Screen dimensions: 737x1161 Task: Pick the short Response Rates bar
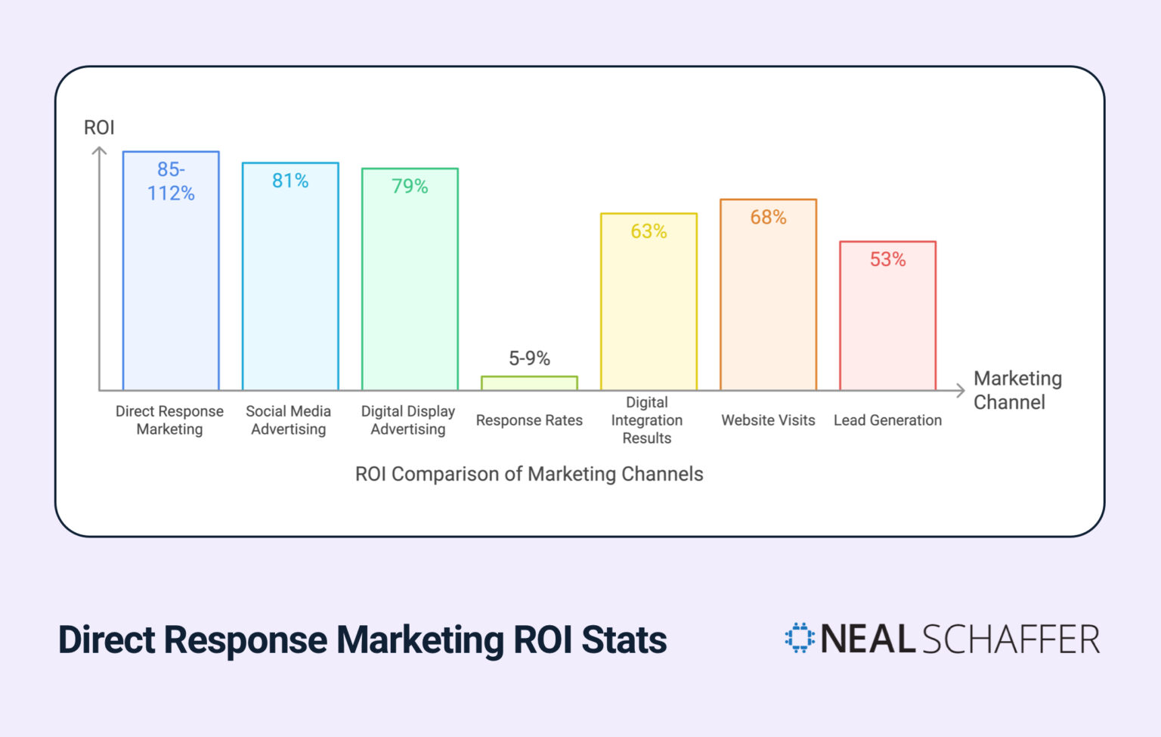pyautogui.click(x=529, y=383)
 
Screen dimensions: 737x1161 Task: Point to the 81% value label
pyautogui.click(x=290, y=181)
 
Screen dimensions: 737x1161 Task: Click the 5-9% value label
pyautogui.click(x=529, y=358)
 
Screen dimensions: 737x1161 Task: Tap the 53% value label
pyautogui.click(x=887, y=259)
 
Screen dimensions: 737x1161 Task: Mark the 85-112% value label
pyautogui.click(x=171, y=181)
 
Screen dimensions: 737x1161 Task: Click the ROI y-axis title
pyautogui.click(x=99, y=128)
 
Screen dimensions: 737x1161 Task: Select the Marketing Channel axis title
pyautogui.click(x=1017, y=390)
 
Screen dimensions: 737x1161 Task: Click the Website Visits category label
pyautogui.click(x=768, y=420)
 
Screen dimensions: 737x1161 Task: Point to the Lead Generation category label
pyautogui.click(x=887, y=420)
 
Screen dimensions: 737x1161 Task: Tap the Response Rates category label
pyautogui.click(x=529, y=420)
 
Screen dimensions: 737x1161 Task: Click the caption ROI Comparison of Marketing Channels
pyautogui.click(x=529, y=474)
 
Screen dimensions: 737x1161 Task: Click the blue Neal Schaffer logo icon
pyautogui.click(x=800, y=638)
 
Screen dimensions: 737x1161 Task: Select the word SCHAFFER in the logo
pyautogui.click(x=1011, y=639)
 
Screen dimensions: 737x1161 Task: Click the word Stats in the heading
pyautogui.click(x=624, y=640)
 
